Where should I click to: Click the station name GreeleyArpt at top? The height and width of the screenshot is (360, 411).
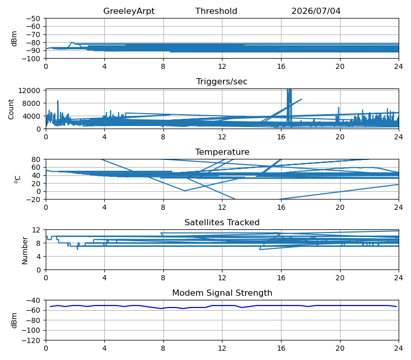(129, 11)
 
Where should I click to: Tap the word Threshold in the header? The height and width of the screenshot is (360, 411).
(216, 11)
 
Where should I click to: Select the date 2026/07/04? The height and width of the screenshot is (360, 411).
(316, 11)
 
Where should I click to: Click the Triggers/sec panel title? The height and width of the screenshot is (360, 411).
(222, 82)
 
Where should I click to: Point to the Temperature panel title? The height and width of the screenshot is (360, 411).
(222, 152)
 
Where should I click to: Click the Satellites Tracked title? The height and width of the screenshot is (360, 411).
(222, 222)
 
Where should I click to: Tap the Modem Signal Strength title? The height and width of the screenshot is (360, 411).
(222, 293)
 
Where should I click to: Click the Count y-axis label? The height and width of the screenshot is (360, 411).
(11, 110)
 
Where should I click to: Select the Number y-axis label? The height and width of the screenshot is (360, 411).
(25, 250)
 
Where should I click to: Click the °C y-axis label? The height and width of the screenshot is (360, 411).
(17, 179)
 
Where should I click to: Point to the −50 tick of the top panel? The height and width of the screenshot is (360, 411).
(33, 19)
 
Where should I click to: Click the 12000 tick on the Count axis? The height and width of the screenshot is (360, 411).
(29, 91)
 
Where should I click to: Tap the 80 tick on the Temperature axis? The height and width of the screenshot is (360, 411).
(36, 159)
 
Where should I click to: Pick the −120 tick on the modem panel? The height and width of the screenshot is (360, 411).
(31, 340)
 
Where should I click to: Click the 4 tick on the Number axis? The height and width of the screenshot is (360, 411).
(39, 257)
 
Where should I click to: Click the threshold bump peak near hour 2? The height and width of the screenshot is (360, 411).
(72, 42)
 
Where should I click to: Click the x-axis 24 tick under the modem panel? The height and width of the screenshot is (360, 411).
(399, 349)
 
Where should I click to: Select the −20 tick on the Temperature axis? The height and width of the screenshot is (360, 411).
(34, 200)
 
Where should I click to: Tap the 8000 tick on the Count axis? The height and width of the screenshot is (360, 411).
(31, 103)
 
